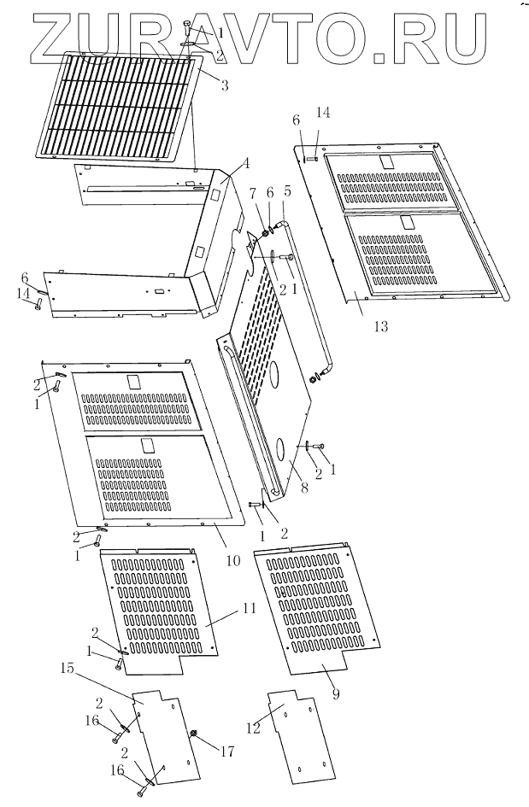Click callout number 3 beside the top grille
(225, 85)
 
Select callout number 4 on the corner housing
(245, 162)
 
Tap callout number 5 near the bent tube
(287, 193)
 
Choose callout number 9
(335, 695)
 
